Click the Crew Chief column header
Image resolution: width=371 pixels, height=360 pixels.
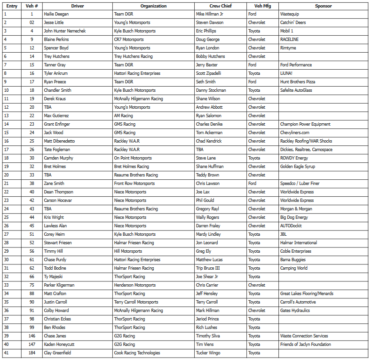tap(220, 6)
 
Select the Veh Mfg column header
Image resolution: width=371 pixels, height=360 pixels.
tap(262, 6)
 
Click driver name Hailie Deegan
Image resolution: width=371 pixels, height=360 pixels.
tap(56, 14)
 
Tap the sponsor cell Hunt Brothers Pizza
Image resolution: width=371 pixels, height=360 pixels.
tap(298, 82)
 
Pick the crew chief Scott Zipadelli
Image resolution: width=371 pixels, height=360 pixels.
tap(208, 73)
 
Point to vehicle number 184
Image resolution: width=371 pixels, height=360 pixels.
tap(32, 353)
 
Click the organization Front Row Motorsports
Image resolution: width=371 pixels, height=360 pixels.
tap(134, 184)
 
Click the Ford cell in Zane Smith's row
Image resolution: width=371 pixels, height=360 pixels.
tap(253, 184)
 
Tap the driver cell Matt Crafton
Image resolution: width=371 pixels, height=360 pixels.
tap(55, 294)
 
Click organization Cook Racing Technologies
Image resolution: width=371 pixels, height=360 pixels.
tap(137, 353)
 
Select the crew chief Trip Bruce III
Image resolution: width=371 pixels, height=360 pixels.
tap(208, 268)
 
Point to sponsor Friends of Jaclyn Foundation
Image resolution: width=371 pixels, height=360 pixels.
tap(305, 344)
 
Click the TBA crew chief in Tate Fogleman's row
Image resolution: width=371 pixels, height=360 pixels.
tap(200, 150)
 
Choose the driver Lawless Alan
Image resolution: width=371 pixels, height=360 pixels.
tap(55, 226)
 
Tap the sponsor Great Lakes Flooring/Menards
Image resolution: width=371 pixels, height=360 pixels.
tap(307, 294)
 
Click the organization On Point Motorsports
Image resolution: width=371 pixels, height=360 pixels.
tap(133, 158)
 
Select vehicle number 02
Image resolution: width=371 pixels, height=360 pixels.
tap(32, 23)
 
